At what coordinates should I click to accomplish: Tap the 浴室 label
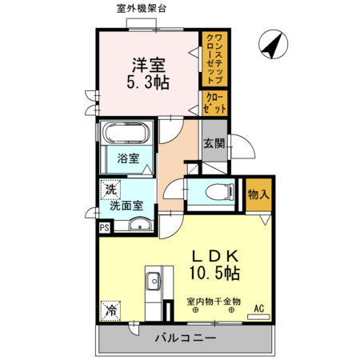[129, 158]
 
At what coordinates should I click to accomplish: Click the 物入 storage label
[258, 194]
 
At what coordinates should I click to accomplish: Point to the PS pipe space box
[103, 227]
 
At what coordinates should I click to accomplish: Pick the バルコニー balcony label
[186, 339]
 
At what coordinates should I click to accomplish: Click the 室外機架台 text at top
[140, 8]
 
